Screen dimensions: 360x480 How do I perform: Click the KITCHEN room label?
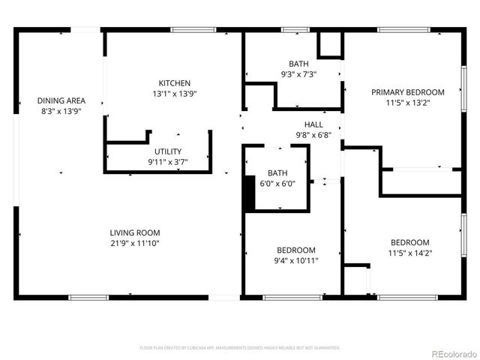pyautogui.click(x=174, y=83)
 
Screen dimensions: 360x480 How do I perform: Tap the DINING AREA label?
pyautogui.click(x=61, y=100)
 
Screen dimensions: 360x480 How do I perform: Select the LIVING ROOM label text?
pyautogui.click(x=135, y=232)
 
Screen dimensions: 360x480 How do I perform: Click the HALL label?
pyautogui.click(x=313, y=124)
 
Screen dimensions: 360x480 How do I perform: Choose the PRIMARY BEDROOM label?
pyautogui.click(x=408, y=92)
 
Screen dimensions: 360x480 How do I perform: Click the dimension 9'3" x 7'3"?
pyautogui.click(x=298, y=74)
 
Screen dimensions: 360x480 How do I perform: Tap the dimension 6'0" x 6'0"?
pyautogui.click(x=277, y=183)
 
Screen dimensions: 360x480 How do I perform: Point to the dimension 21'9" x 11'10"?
pyautogui.click(x=135, y=243)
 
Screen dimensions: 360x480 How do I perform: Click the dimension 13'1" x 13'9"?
pyautogui.click(x=174, y=94)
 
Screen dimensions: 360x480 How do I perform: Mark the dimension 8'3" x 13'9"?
pyautogui.click(x=61, y=111)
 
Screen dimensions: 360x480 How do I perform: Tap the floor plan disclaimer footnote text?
pyautogui.click(x=240, y=348)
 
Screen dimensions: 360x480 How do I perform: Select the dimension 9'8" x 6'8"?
pyautogui.click(x=313, y=135)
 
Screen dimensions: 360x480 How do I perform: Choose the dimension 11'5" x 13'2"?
pyautogui.click(x=408, y=103)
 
